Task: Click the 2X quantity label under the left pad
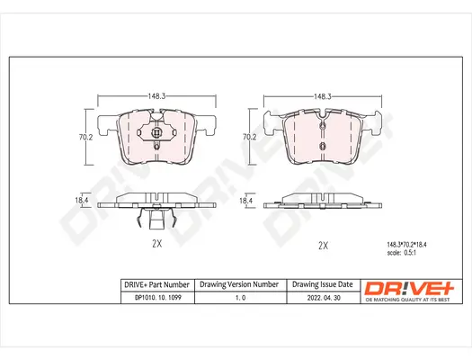156,244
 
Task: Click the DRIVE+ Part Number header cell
155,284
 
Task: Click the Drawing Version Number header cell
238,284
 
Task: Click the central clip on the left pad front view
157,136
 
